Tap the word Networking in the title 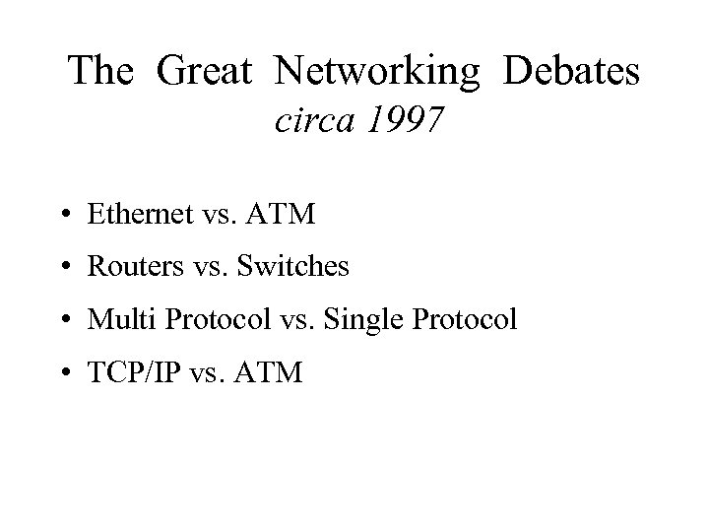click(379, 71)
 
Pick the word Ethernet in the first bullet click(136, 214)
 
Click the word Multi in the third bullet click(112, 320)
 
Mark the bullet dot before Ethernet click(62, 216)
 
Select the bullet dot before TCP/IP click(62, 375)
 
